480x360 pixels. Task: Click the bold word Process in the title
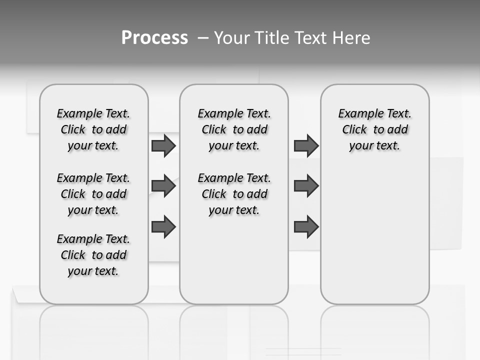tap(154, 38)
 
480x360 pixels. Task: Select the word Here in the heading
tap(351, 38)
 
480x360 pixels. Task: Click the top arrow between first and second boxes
tap(163, 146)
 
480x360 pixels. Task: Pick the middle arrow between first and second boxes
tap(163, 186)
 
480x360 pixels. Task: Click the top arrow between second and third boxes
tap(306, 146)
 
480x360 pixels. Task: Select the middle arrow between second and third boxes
tap(306, 186)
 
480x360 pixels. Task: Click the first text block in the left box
tap(93, 129)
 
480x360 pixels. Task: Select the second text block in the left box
tap(93, 194)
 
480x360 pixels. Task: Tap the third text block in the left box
tap(93, 255)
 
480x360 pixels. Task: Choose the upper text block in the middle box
tap(234, 129)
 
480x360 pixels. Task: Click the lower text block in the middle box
tap(234, 194)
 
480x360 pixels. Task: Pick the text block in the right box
tap(375, 129)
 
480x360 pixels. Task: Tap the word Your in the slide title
tap(231, 38)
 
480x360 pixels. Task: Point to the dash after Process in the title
tap(203, 38)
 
